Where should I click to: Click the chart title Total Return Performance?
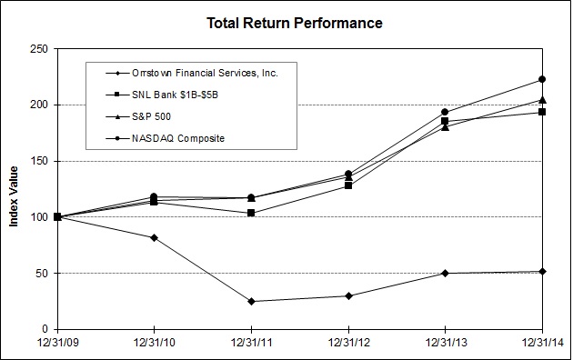pos(295,23)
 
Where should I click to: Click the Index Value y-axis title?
pos(14,196)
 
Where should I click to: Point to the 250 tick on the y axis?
pos(39,49)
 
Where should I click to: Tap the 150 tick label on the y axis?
pos(39,161)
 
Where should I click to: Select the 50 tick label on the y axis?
pos(43,273)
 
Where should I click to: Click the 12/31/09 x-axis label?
pos(57,343)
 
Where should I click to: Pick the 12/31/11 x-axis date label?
pos(251,343)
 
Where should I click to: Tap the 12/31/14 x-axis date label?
pos(542,343)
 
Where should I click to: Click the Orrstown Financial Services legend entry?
pos(192,73)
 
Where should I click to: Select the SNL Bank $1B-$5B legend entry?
pos(162,95)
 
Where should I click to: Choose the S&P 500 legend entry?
pos(138,117)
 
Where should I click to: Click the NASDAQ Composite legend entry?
pos(166,139)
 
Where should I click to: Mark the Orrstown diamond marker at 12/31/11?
pos(251,301)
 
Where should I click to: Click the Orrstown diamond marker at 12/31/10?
pos(154,237)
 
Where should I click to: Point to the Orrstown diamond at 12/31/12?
pos(348,295)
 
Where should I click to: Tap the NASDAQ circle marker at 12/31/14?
pos(542,79)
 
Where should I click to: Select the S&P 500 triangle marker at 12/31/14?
pos(542,100)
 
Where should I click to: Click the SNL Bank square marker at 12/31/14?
pos(542,112)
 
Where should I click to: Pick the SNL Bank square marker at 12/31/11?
pos(251,213)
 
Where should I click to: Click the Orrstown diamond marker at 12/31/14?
pos(542,271)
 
